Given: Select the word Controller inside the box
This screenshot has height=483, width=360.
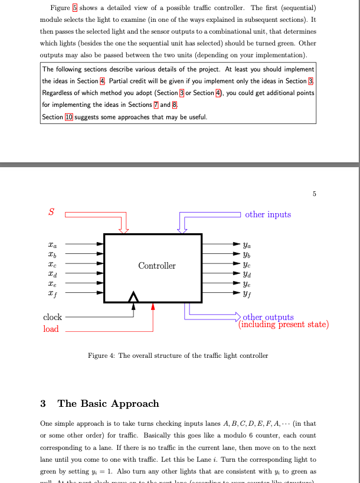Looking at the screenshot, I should tap(157, 266).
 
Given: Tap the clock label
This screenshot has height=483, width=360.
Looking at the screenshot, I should tap(53, 317).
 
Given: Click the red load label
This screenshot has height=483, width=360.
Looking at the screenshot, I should tap(51, 329).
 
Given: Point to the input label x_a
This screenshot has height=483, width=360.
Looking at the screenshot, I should tap(53, 242).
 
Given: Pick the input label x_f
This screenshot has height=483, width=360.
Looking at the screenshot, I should tap(53, 292).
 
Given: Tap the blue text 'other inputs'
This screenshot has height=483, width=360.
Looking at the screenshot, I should tap(268, 214).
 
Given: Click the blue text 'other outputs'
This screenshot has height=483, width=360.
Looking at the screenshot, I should tap(268, 317).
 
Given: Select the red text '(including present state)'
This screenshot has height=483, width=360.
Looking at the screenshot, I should tap(283, 324).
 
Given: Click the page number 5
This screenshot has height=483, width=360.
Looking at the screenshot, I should tap(315, 193).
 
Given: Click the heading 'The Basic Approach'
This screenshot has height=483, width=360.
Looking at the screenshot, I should tap(108, 404).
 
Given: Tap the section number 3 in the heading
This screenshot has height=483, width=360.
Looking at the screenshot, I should tap(43, 404).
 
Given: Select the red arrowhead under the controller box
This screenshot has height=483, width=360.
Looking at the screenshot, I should tap(153, 306).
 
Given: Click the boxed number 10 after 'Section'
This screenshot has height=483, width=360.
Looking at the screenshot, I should tap(69, 117).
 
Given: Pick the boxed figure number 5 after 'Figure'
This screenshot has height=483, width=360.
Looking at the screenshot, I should tap(74, 8).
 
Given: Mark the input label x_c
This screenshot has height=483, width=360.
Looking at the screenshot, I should tap(53, 262).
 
